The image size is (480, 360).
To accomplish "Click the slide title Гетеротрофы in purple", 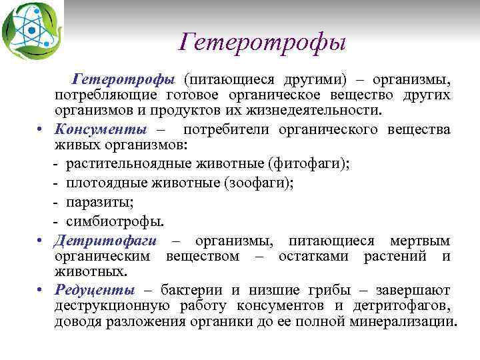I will pyautogui.click(x=263, y=43).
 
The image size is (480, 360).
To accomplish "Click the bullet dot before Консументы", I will pyautogui.click(x=41, y=129).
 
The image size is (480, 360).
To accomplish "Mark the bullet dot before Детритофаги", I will pyautogui.click(x=41, y=241).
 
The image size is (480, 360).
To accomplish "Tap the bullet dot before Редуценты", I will pyautogui.click(x=41, y=290).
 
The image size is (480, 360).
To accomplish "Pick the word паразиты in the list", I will pyautogui.click(x=96, y=201).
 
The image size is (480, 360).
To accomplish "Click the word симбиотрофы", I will pyautogui.click(x=114, y=221).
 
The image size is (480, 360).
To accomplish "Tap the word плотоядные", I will pyautogui.click(x=96, y=182).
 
